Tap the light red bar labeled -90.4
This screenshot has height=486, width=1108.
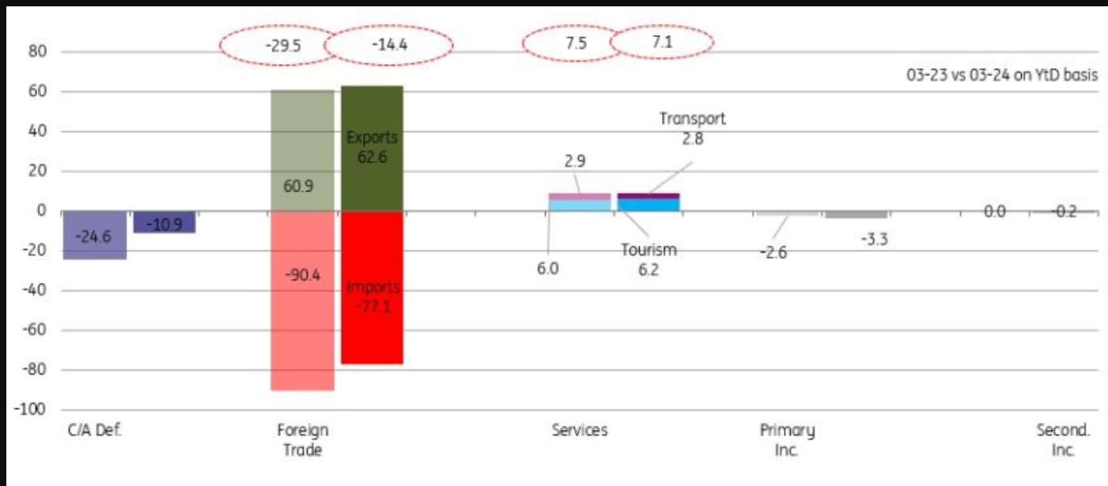point(302,332)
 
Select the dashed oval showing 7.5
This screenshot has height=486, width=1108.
point(576,44)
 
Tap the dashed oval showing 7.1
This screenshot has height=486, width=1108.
point(662,43)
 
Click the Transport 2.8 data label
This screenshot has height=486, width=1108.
point(693,129)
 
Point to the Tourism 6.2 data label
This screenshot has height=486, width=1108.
point(649,260)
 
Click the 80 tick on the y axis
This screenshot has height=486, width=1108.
point(39,52)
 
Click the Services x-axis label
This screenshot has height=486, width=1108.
point(580,431)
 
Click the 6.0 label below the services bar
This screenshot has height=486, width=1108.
point(547,269)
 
